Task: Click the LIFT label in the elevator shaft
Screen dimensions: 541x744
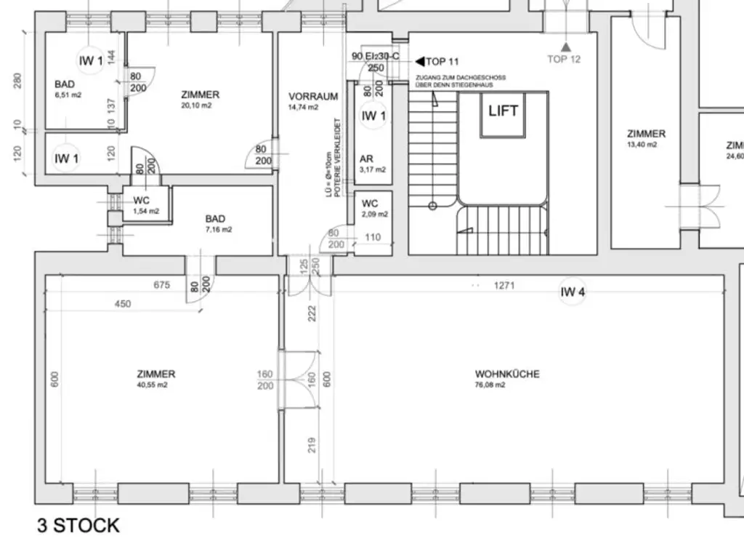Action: [x=503, y=111]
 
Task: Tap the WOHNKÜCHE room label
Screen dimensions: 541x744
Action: [x=506, y=374]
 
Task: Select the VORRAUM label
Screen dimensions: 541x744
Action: [x=313, y=96]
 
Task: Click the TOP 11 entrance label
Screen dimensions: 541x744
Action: [x=442, y=62]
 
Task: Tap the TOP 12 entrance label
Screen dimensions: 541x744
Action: [x=564, y=59]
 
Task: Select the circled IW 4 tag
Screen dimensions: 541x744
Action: [x=573, y=292]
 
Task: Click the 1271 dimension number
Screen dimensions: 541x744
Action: [x=504, y=285]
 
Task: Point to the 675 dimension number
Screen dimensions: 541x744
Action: [x=162, y=285]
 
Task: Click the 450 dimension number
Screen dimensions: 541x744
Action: [x=123, y=304]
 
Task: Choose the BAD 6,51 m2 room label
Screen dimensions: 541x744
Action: [x=66, y=89]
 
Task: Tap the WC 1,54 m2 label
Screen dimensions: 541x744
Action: [x=145, y=205]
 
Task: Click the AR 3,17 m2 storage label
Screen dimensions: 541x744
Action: [x=372, y=164]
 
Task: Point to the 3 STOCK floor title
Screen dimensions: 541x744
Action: [x=78, y=526]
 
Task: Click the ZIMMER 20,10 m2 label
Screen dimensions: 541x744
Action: [x=200, y=100]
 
